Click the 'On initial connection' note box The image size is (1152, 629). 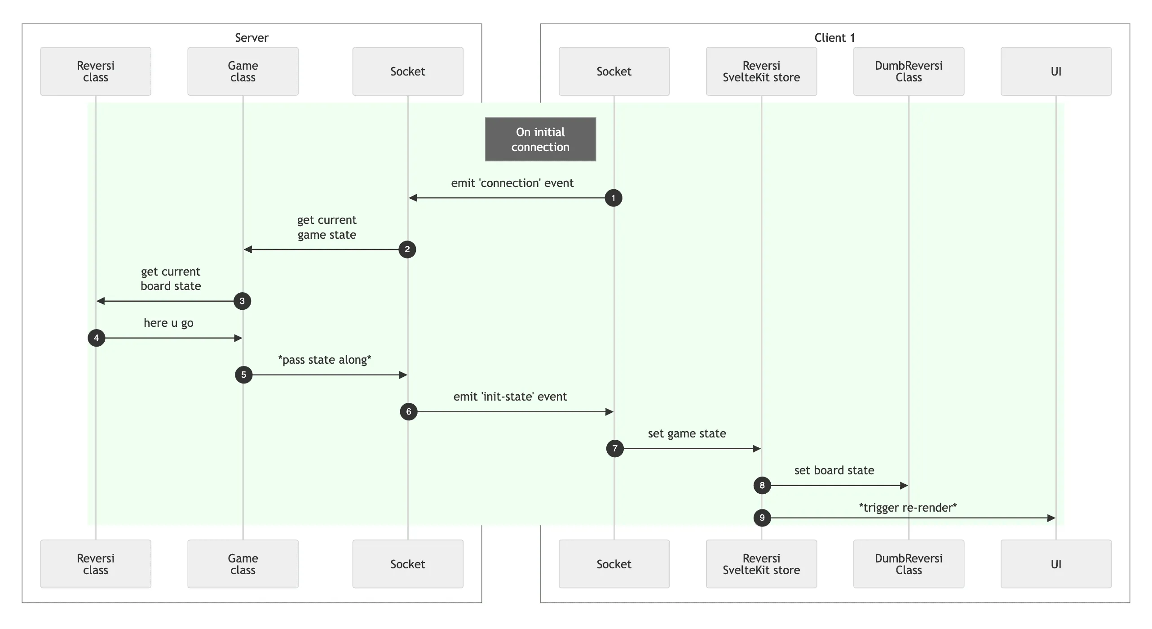(540, 139)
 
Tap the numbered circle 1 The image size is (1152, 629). (614, 198)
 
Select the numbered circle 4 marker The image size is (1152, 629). (96, 338)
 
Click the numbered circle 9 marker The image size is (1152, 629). (762, 517)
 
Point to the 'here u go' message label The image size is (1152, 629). (168, 323)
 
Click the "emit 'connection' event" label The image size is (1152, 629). (512, 183)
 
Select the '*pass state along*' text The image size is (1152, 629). (324, 360)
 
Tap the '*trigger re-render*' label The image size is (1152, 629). (908, 508)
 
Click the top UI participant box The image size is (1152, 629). (1056, 71)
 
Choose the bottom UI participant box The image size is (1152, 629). (1056, 564)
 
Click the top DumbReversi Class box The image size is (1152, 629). (909, 71)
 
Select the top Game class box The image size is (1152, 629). (243, 71)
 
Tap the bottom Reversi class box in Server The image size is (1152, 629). (96, 564)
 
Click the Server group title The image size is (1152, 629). (252, 38)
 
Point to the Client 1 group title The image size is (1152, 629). (834, 38)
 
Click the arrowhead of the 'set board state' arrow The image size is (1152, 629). (905, 486)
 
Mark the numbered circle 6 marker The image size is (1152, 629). (408, 411)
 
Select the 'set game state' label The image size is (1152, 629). (687, 433)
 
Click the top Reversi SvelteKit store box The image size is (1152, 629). (761, 71)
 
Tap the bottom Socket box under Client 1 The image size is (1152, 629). (614, 564)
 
